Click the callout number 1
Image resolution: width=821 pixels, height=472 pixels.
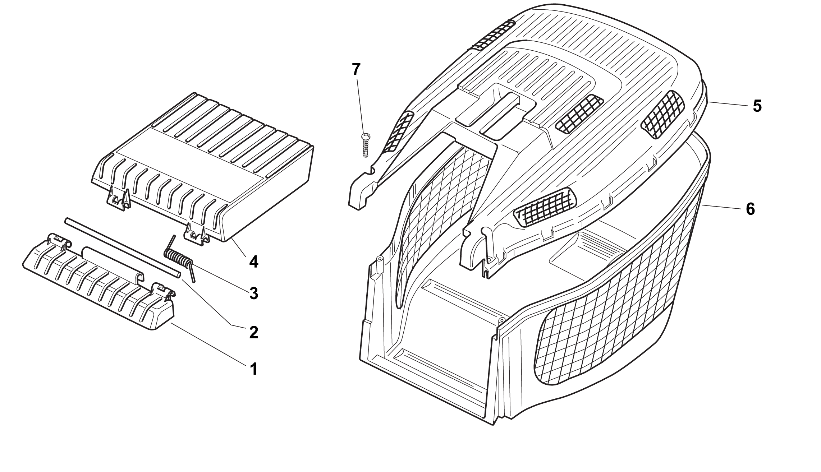click(253, 369)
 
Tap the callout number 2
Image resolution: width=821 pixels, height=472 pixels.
click(253, 332)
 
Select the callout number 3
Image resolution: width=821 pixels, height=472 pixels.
click(253, 293)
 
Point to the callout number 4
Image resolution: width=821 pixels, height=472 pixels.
click(253, 261)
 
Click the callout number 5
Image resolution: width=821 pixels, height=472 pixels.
click(757, 106)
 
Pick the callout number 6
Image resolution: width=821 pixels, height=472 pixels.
click(750, 209)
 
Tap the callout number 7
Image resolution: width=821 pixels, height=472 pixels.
click(356, 69)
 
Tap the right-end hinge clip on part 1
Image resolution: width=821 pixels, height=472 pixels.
click(164, 291)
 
